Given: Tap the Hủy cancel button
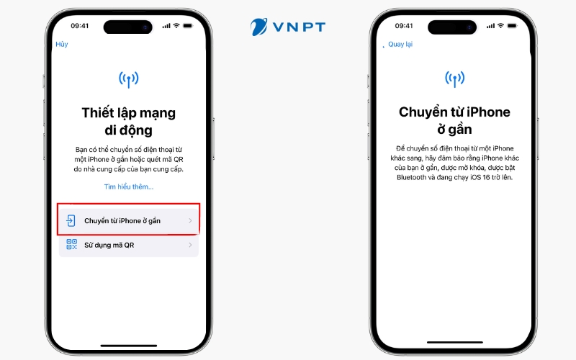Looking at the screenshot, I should click(x=62, y=44).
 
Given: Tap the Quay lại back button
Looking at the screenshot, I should click(x=400, y=44).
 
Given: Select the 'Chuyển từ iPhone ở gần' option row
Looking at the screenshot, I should click(x=128, y=220).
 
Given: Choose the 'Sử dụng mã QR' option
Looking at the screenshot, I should click(x=128, y=245).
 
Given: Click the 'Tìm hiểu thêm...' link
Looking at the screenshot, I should click(x=128, y=186).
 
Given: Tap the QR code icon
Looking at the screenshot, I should click(x=71, y=245).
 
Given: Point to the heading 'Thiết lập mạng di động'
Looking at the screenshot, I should click(x=128, y=121).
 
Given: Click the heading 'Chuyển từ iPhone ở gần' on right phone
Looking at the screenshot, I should click(x=454, y=120).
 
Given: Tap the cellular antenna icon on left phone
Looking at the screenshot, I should click(x=128, y=78).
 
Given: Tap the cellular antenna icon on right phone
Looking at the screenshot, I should click(x=454, y=78).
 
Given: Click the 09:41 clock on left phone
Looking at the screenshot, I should click(x=80, y=26).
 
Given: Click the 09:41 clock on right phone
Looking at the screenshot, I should click(x=405, y=26).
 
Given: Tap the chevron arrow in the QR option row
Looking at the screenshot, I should click(x=190, y=245).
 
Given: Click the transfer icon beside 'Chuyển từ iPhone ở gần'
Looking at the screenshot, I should click(x=71, y=220).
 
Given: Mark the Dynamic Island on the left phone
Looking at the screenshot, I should click(x=128, y=26).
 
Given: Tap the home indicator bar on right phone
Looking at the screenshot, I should click(x=454, y=342).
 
